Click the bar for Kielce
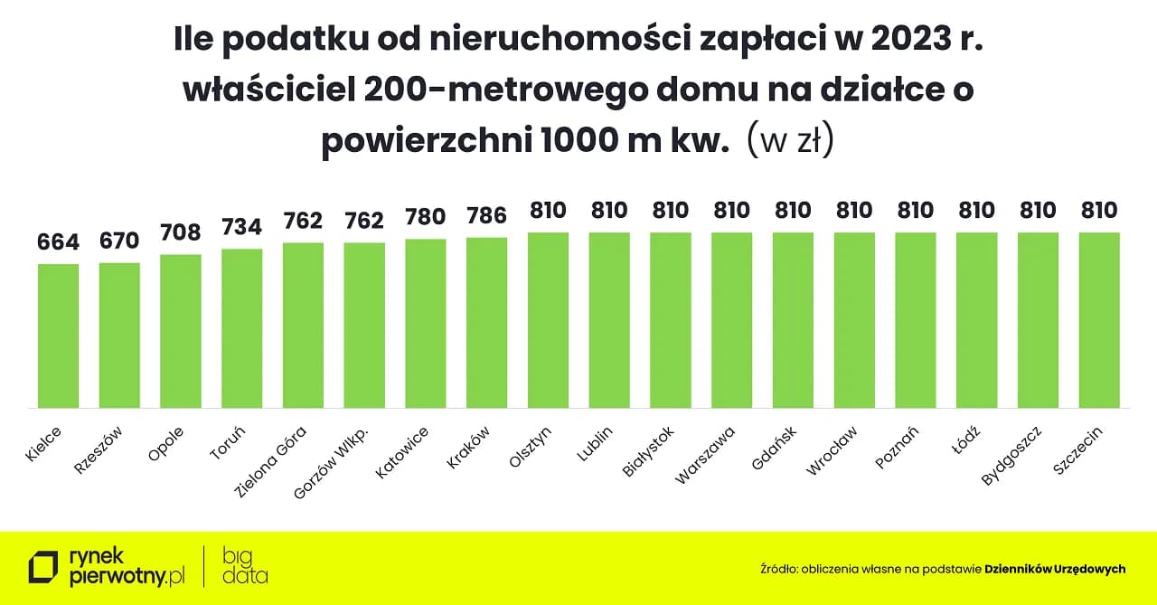58,336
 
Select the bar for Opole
181,331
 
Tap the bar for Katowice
426,323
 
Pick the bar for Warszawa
732,320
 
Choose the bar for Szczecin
1099,320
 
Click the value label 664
58,242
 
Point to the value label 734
241,227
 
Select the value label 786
486,216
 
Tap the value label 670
119,241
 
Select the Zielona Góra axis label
270,462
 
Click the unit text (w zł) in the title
789,143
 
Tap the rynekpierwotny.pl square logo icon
43,567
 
